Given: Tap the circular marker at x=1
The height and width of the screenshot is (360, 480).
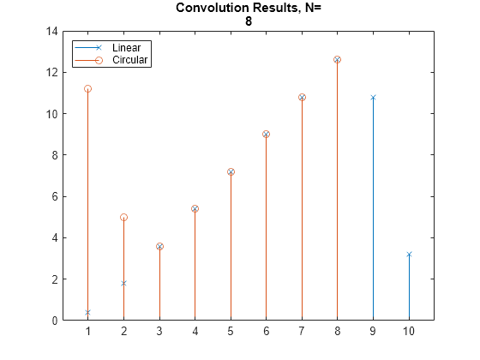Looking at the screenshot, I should click(87, 89).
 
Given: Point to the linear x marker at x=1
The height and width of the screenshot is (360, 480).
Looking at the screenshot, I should click(87, 312).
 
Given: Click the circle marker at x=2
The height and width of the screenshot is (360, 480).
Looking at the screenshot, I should click(123, 217).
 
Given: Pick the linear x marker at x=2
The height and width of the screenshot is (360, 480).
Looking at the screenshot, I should click(123, 283).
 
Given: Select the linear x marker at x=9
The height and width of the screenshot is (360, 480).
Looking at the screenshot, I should click(373, 98).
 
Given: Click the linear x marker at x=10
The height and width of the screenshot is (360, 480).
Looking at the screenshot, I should click(409, 255).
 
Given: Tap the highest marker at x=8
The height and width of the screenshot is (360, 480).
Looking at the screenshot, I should click(337, 60).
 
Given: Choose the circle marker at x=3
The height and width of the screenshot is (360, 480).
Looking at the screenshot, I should click(159, 246).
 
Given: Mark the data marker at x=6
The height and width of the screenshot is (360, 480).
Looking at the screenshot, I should click(266, 135).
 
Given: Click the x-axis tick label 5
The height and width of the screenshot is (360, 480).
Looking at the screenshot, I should click(231, 332).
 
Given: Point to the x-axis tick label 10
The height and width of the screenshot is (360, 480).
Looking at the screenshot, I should click(409, 332).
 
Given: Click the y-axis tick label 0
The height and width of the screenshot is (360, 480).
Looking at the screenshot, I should click(53, 321).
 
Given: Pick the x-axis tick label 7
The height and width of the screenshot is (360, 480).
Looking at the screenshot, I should click(302, 332).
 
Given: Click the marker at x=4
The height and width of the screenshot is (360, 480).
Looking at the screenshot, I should click(195, 208).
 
